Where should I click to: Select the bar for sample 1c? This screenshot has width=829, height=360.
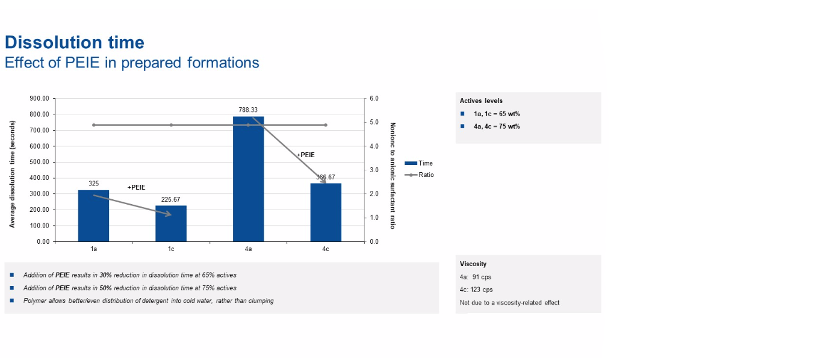pos(171,223)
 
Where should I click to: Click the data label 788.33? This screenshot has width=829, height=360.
pos(248,110)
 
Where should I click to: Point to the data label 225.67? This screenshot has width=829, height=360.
pos(171,199)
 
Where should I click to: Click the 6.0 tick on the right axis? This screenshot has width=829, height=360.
pos(374,99)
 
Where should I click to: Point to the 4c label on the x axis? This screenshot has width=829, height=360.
pos(326,249)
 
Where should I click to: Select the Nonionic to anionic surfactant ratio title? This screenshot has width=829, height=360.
pos(393,176)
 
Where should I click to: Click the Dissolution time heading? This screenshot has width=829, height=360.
pos(75,43)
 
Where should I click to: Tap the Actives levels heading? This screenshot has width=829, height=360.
pos(481,101)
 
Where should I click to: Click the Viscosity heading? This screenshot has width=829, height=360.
pos(473,264)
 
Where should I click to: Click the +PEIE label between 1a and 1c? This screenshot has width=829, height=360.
pos(136,188)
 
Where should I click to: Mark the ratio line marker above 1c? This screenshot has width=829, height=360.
pos(171,125)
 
